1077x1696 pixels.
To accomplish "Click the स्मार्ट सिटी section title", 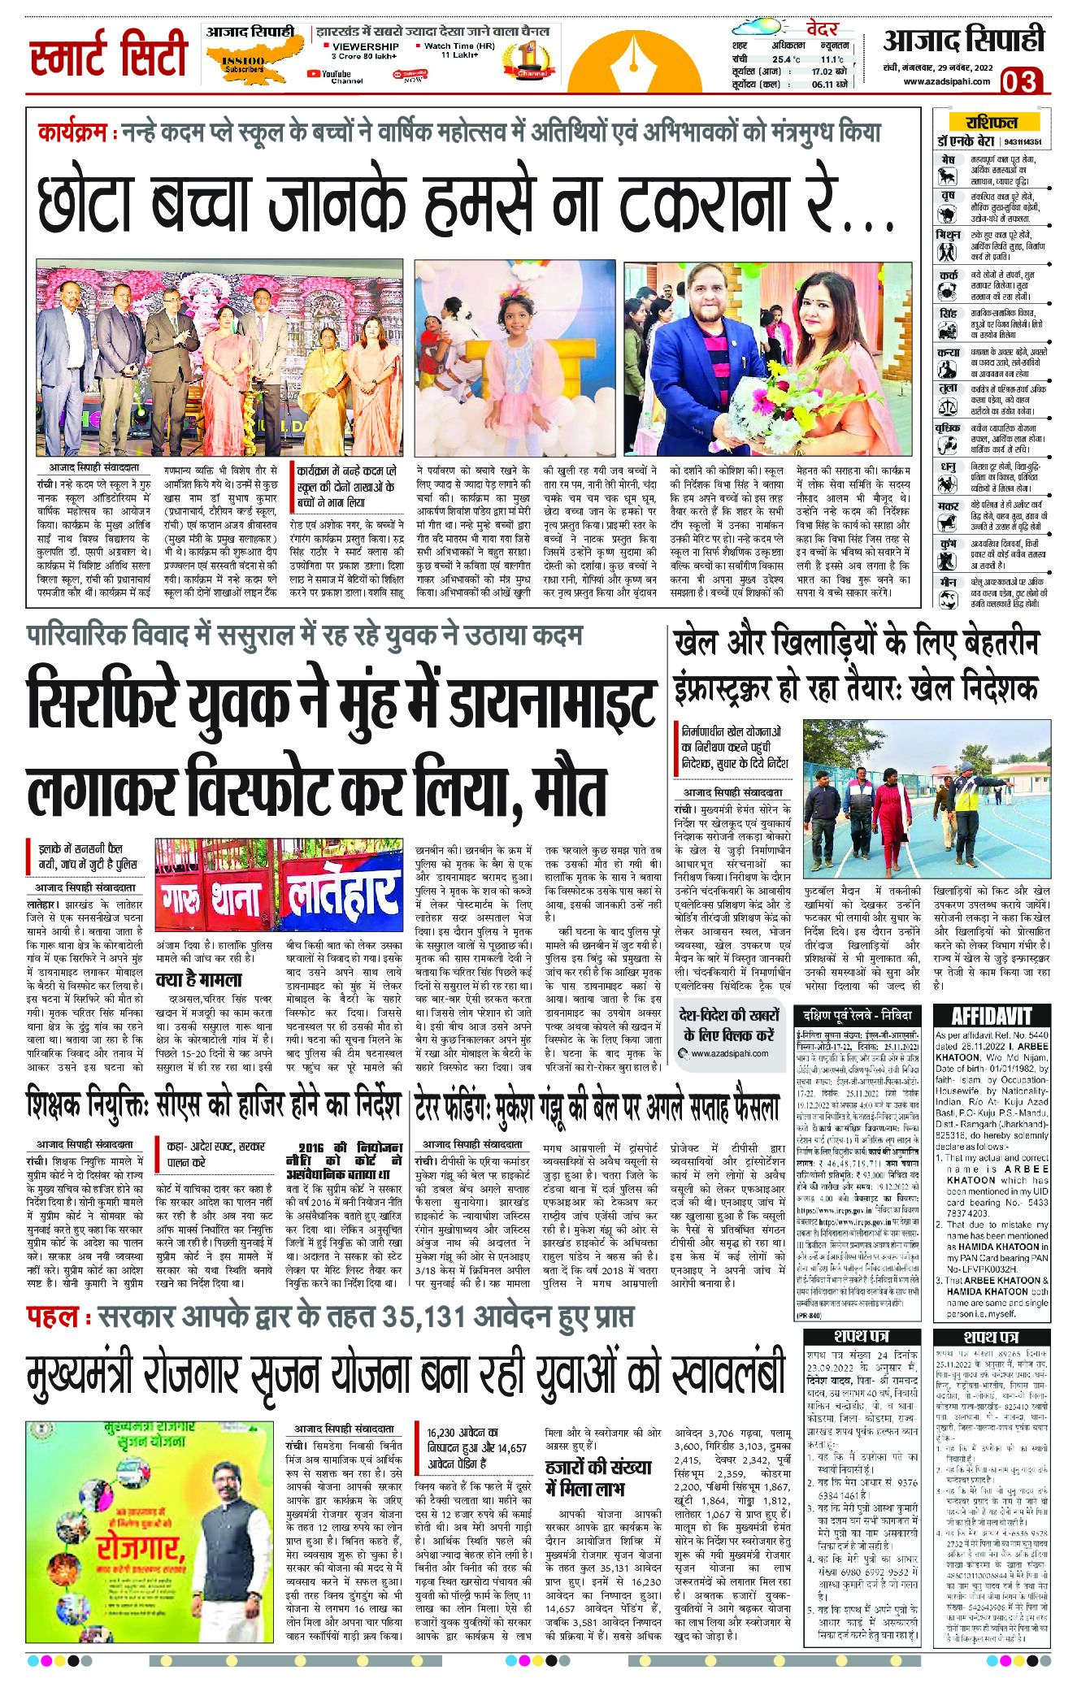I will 109,57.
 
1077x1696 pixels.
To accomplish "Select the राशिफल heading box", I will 991,123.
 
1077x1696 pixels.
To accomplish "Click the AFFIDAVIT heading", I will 991,1015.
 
